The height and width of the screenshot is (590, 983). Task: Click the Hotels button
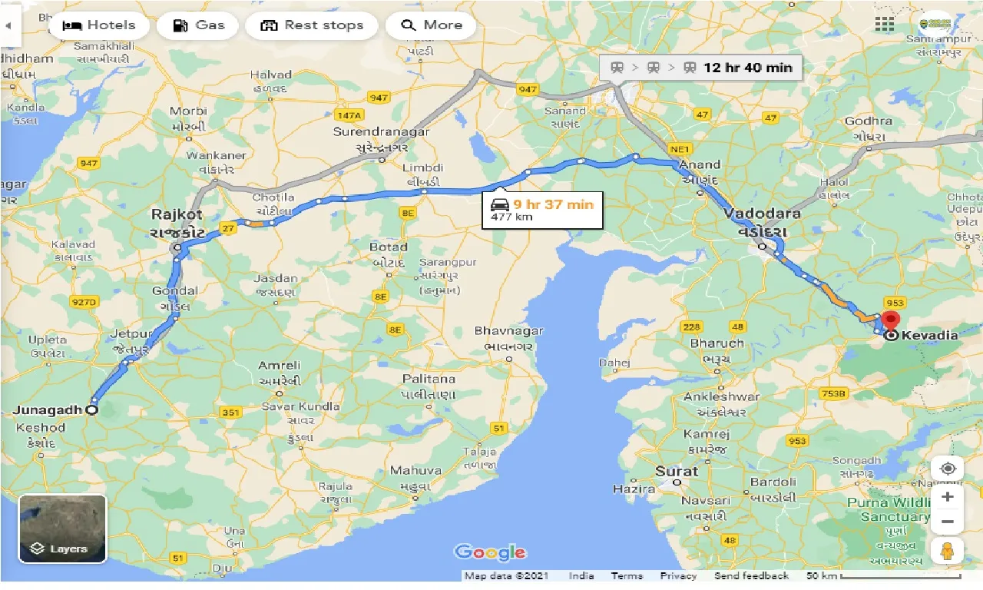coord(98,25)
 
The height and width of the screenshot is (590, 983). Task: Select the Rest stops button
coord(311,25)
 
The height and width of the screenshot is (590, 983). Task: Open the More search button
coord(431,25)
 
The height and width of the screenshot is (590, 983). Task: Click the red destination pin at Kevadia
coord(891,320)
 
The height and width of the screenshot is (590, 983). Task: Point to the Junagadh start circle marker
coord(92,410)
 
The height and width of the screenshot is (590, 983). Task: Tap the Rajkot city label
coord(177,214)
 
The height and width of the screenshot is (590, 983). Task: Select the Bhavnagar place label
coord(508,331)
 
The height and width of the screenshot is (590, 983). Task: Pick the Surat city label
coord(677,471)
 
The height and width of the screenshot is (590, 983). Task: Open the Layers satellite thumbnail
coord(63,529)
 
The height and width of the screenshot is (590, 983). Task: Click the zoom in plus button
coord(948,496)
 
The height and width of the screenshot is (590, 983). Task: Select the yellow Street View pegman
coord(948,550)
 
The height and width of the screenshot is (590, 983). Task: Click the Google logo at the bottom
coord(490,552)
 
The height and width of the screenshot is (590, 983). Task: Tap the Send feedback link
coord(750,576)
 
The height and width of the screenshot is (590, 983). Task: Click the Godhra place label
coord(868,121)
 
